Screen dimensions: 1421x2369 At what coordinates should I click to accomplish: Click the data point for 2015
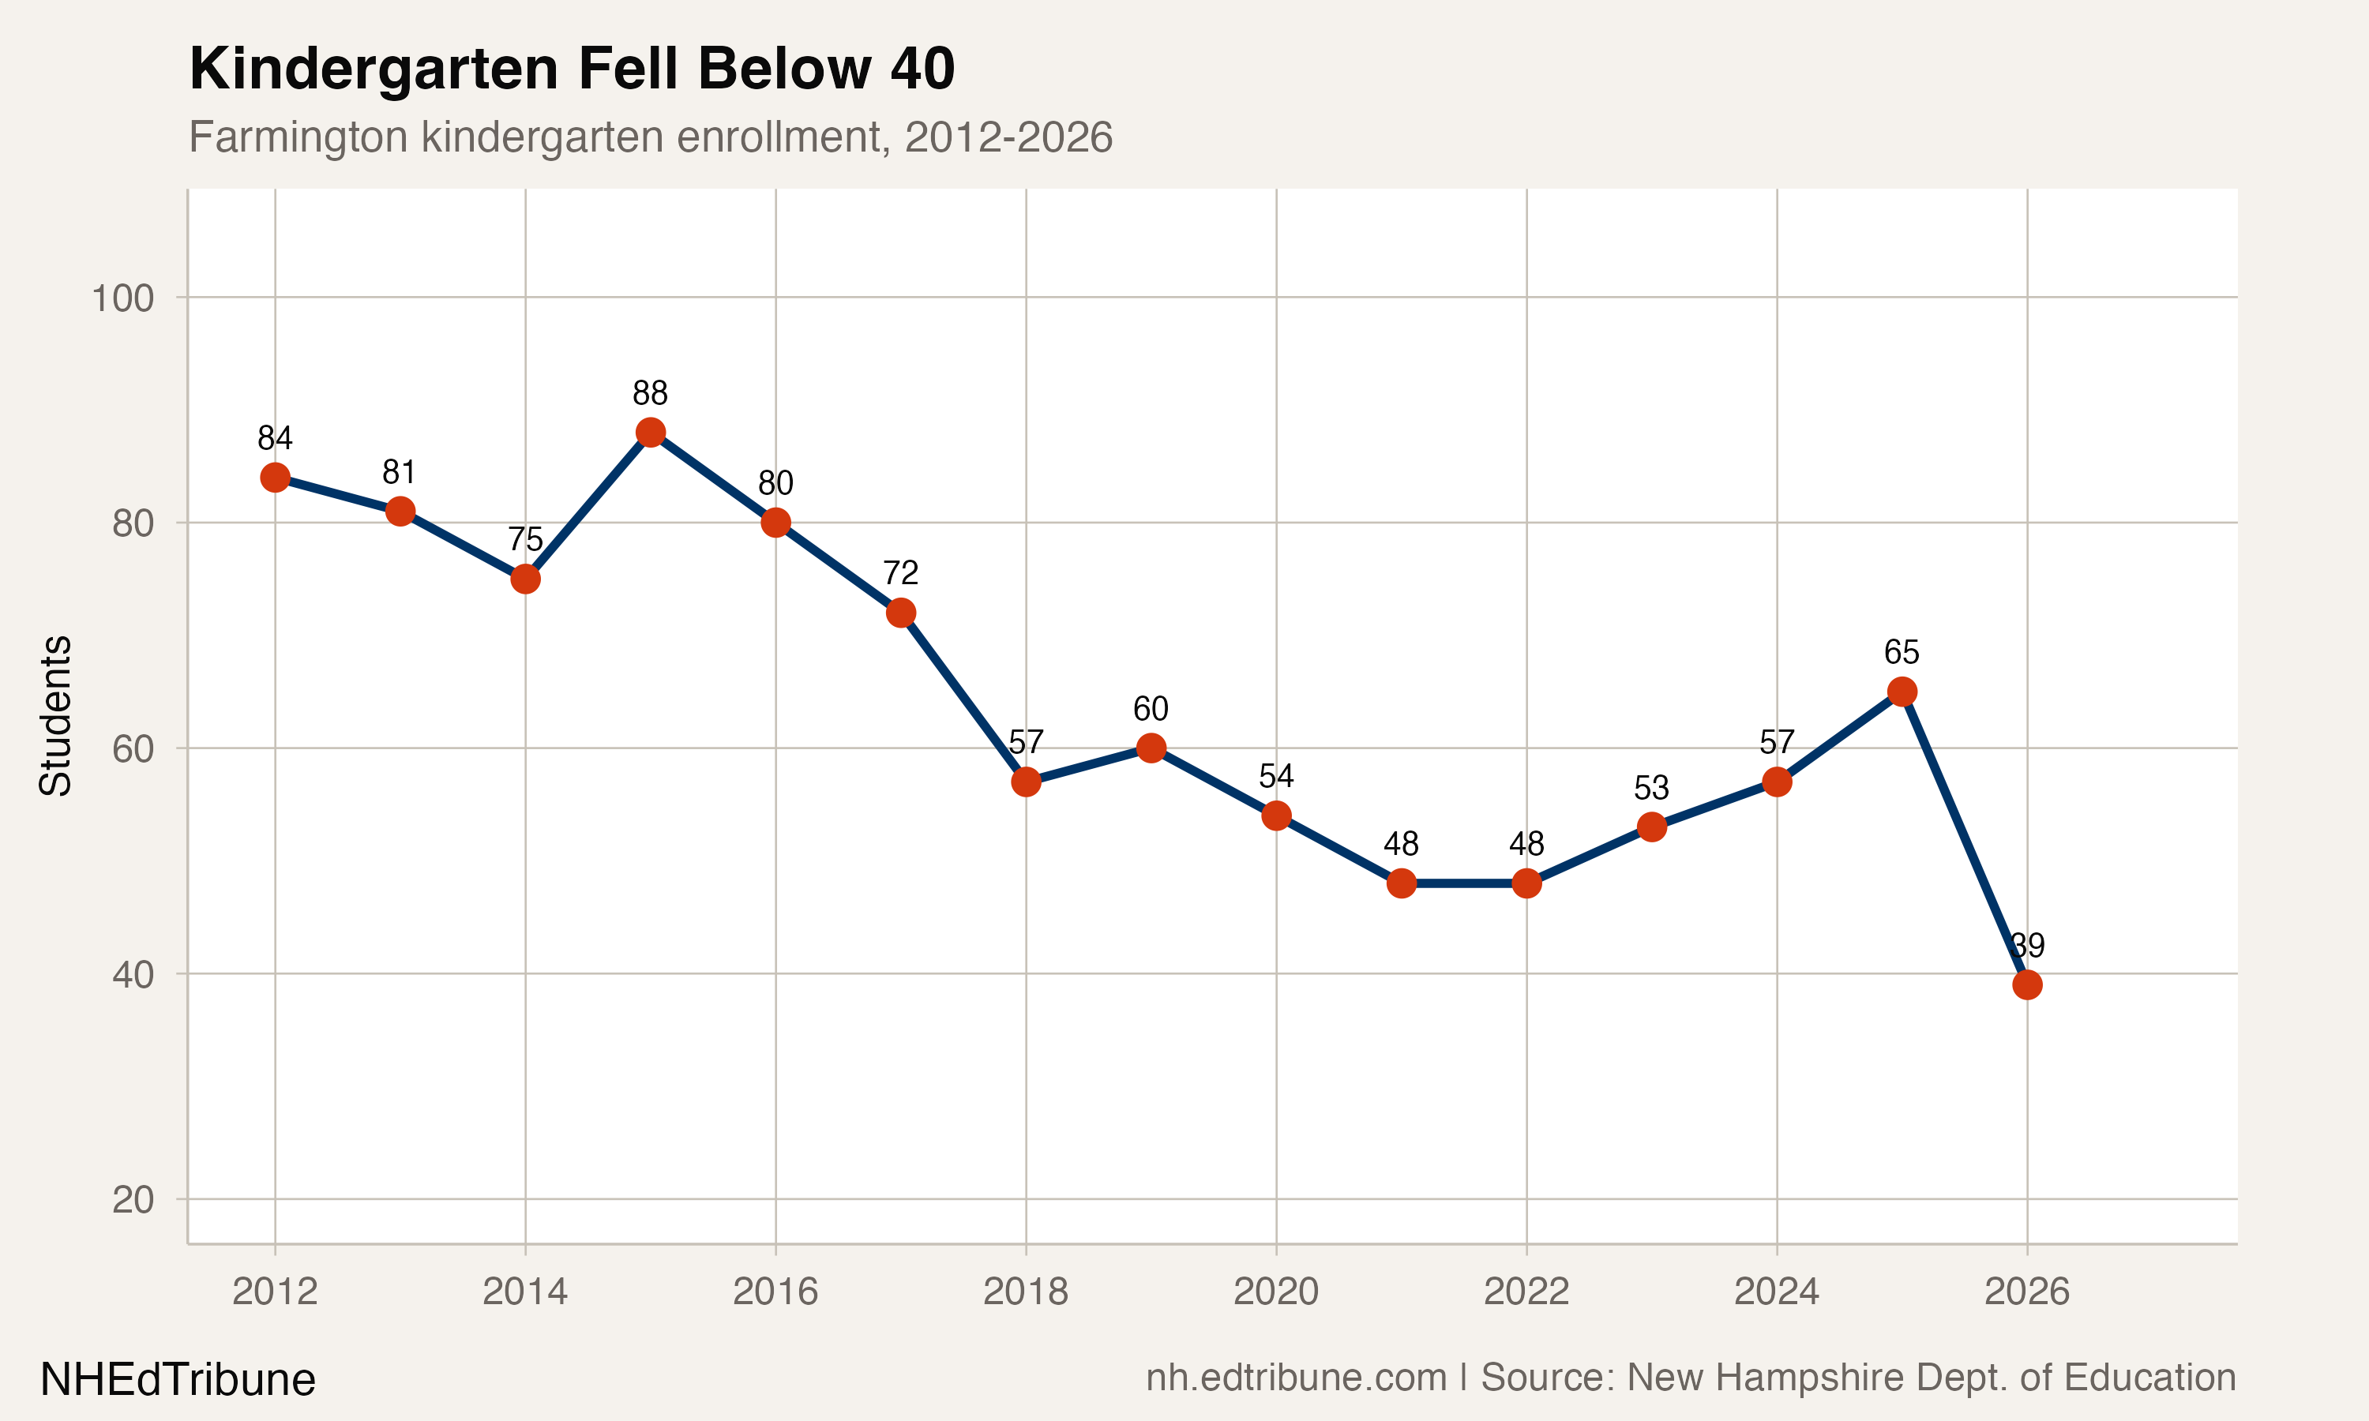point(650,433)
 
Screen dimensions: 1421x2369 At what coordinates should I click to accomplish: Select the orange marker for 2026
point(2027,984)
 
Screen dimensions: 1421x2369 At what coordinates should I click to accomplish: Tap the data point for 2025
point(1902,692)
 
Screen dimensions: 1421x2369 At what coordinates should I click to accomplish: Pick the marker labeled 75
point(525,579)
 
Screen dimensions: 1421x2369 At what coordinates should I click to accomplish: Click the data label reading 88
point(650,392)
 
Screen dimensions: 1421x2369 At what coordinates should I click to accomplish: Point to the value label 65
point(1902,652)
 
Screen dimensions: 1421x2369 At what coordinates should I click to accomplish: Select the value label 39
point(2027,945)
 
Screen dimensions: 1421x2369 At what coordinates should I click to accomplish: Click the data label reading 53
point(1652,787)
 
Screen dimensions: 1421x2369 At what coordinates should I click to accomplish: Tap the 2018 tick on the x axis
point(1026,1292)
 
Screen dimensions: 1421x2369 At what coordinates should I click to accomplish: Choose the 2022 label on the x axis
point(1526,1292)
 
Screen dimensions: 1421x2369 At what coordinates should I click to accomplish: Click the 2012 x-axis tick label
point(275,1292)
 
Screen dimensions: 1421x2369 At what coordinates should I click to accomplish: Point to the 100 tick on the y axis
point(122,298)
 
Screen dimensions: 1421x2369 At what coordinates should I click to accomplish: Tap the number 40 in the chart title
point(922,69)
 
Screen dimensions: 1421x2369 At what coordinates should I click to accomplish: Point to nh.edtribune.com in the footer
point(1297,1377)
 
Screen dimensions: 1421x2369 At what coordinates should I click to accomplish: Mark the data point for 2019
point(1151,748)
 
